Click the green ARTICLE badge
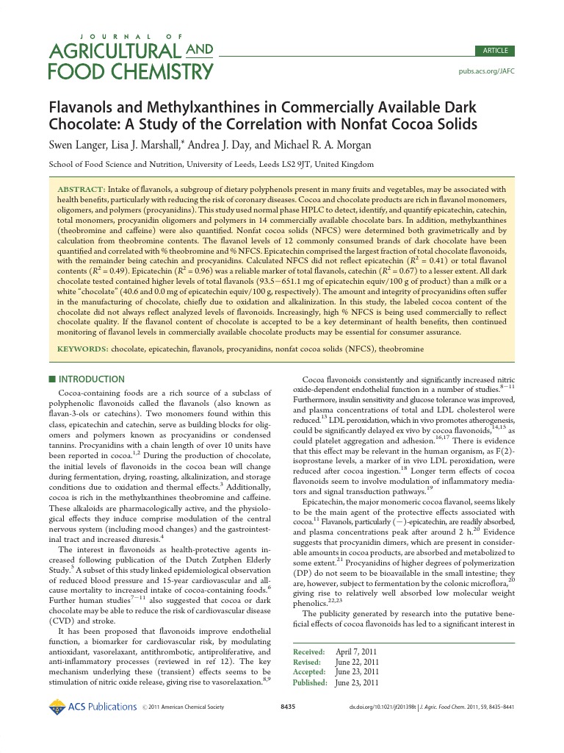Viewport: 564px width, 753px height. pyautogui.click(x=495, y=51)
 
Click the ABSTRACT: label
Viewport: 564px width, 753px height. pyautogui.click(x=82, y=189)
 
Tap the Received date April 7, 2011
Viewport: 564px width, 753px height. pyautogui.click(x=357, y=652)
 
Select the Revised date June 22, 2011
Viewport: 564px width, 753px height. pyautogui.click(x=358, y=662)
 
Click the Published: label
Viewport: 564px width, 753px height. pyautogui.click(x=310, y=682)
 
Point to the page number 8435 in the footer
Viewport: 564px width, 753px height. pyautogui.click(x=289, y=707)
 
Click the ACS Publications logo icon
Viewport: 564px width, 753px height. pyautogui.click(x=57, y=707)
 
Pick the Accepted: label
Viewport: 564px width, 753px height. pyautogui.click(x=309, y=672)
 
